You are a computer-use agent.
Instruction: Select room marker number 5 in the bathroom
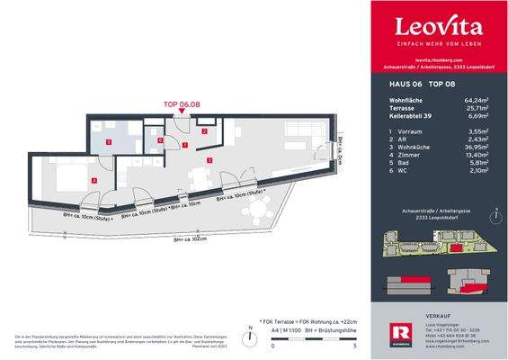pyautogui.click(x=109, y=141)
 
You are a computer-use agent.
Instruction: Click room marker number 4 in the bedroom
pyautogui.click(x=94, y=180)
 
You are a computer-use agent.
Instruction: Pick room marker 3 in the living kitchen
pyautogui.click(x=209, y=160)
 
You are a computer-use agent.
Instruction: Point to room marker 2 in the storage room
pyautogui.click(x=204, y=131)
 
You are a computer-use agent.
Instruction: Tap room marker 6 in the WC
pyautogui.click(x=160, y=139)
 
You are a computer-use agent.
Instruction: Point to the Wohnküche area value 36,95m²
pyautogui.click(x=476, y=147)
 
